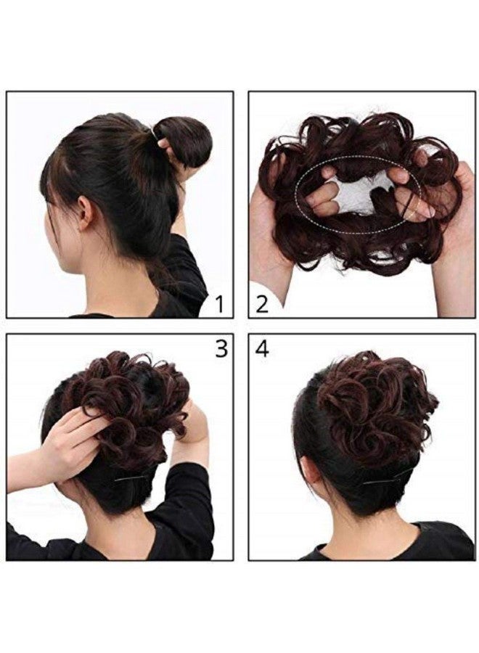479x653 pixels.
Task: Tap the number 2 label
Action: click(262, 303)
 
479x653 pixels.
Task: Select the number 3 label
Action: click(221, 349)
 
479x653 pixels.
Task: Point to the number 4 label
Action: click(262, 349)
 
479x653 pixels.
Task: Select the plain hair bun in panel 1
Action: click(188, 139)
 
